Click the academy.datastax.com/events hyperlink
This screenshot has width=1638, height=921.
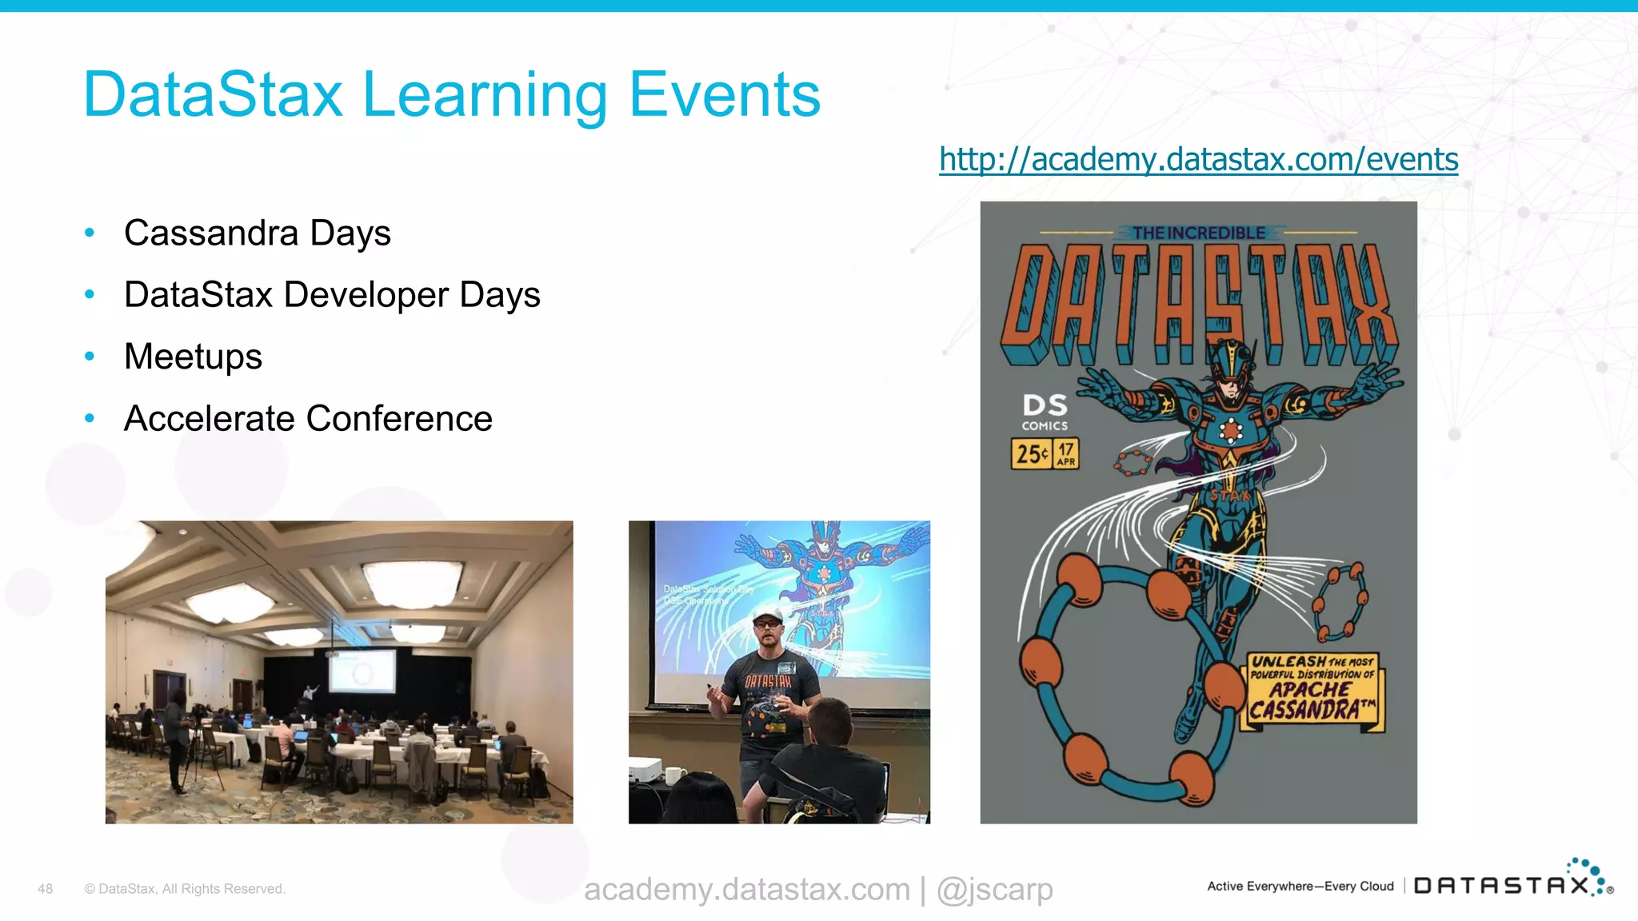point(1198,159)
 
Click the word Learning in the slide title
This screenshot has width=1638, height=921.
point(485,96)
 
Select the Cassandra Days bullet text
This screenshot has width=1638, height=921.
point(257,233)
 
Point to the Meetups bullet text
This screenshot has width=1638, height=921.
point(193,357)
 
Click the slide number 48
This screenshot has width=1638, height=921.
point(46,889)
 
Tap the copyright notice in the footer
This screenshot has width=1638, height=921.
point(185,889)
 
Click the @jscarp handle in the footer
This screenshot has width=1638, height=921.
point(994,889)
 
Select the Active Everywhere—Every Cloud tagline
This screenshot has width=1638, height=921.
point(1300,886)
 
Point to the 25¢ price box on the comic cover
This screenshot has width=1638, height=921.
point(1032,454)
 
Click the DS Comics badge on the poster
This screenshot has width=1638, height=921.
point(1045,412)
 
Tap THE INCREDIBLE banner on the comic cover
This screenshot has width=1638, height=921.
point(1198,233)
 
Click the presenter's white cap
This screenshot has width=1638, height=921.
point(768,616)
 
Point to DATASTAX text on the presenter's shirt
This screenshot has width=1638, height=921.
point(768,681)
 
